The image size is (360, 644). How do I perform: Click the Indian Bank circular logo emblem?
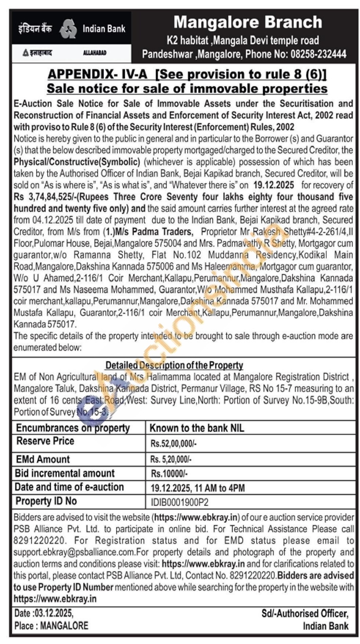point(68,29)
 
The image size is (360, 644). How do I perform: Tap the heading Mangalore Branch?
point(248,23)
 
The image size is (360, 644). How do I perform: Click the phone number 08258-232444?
point(318,54)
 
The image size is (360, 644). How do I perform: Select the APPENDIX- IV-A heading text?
point(97,74)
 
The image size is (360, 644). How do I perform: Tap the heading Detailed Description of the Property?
point(174,365)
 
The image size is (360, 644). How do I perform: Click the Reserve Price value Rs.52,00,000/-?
point(173,444)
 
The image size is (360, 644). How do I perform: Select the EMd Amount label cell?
point(43,459)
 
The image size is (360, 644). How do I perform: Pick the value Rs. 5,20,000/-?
point(171,459)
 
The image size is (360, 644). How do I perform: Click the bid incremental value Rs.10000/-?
point(169,474)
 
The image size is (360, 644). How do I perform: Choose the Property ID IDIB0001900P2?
point(180,502)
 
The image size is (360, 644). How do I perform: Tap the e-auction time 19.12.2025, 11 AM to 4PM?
point(198,488)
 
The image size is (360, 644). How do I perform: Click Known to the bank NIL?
point(197,428)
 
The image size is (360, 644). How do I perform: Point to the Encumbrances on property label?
point(73,428)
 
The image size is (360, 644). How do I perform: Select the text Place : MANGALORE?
point(51,626)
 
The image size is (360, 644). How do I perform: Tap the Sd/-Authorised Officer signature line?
point(305,614)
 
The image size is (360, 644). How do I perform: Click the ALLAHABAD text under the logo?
point(95,53)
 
